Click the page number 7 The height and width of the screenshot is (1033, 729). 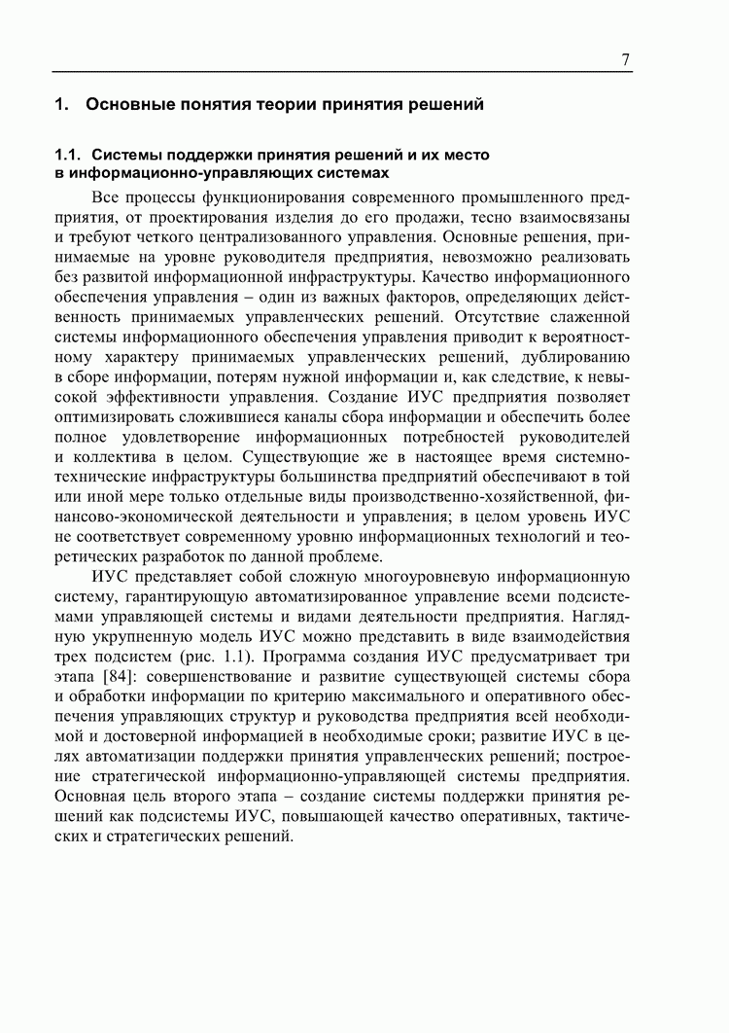tap(626, 60)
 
